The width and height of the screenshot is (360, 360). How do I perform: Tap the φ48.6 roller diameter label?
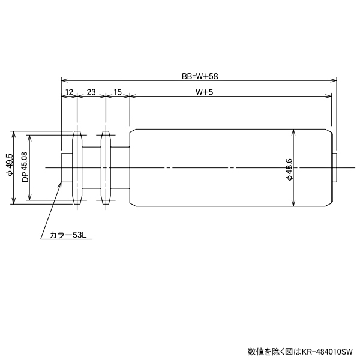pyautogui.click(x=289, y=169)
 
